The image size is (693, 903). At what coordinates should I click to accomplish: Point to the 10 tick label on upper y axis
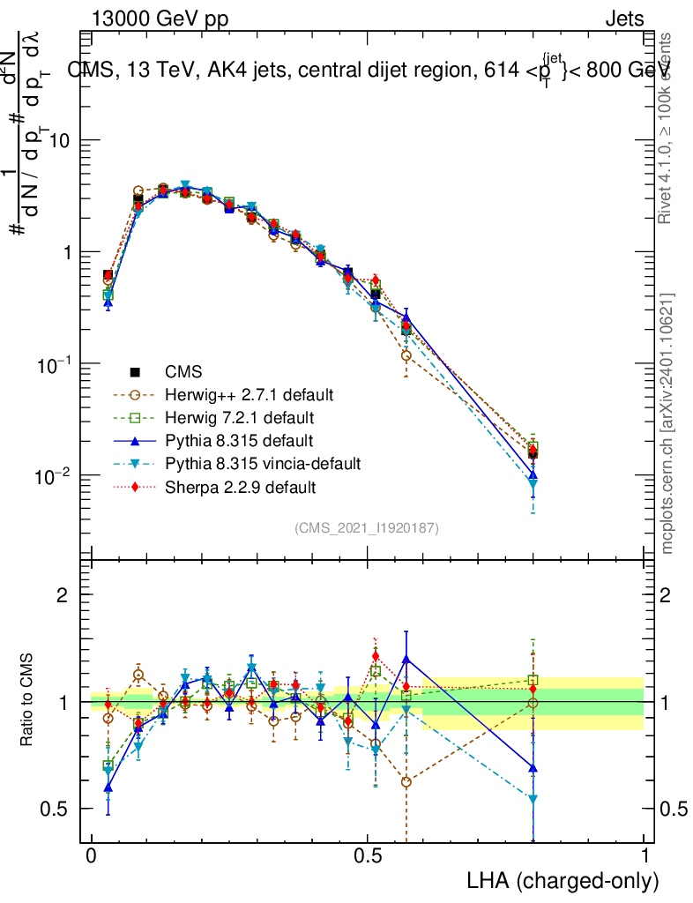[58, 141]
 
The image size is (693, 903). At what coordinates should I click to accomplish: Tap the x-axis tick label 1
[644, 856]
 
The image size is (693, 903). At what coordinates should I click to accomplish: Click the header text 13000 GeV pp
[160, 19]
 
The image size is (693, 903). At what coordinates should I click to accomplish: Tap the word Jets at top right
[624, 19]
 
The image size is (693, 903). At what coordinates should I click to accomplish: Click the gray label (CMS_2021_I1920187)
[367, 527]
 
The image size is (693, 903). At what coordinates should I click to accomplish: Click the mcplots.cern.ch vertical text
[667, 423]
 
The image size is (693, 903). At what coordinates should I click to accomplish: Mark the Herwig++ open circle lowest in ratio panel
[406, 781]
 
